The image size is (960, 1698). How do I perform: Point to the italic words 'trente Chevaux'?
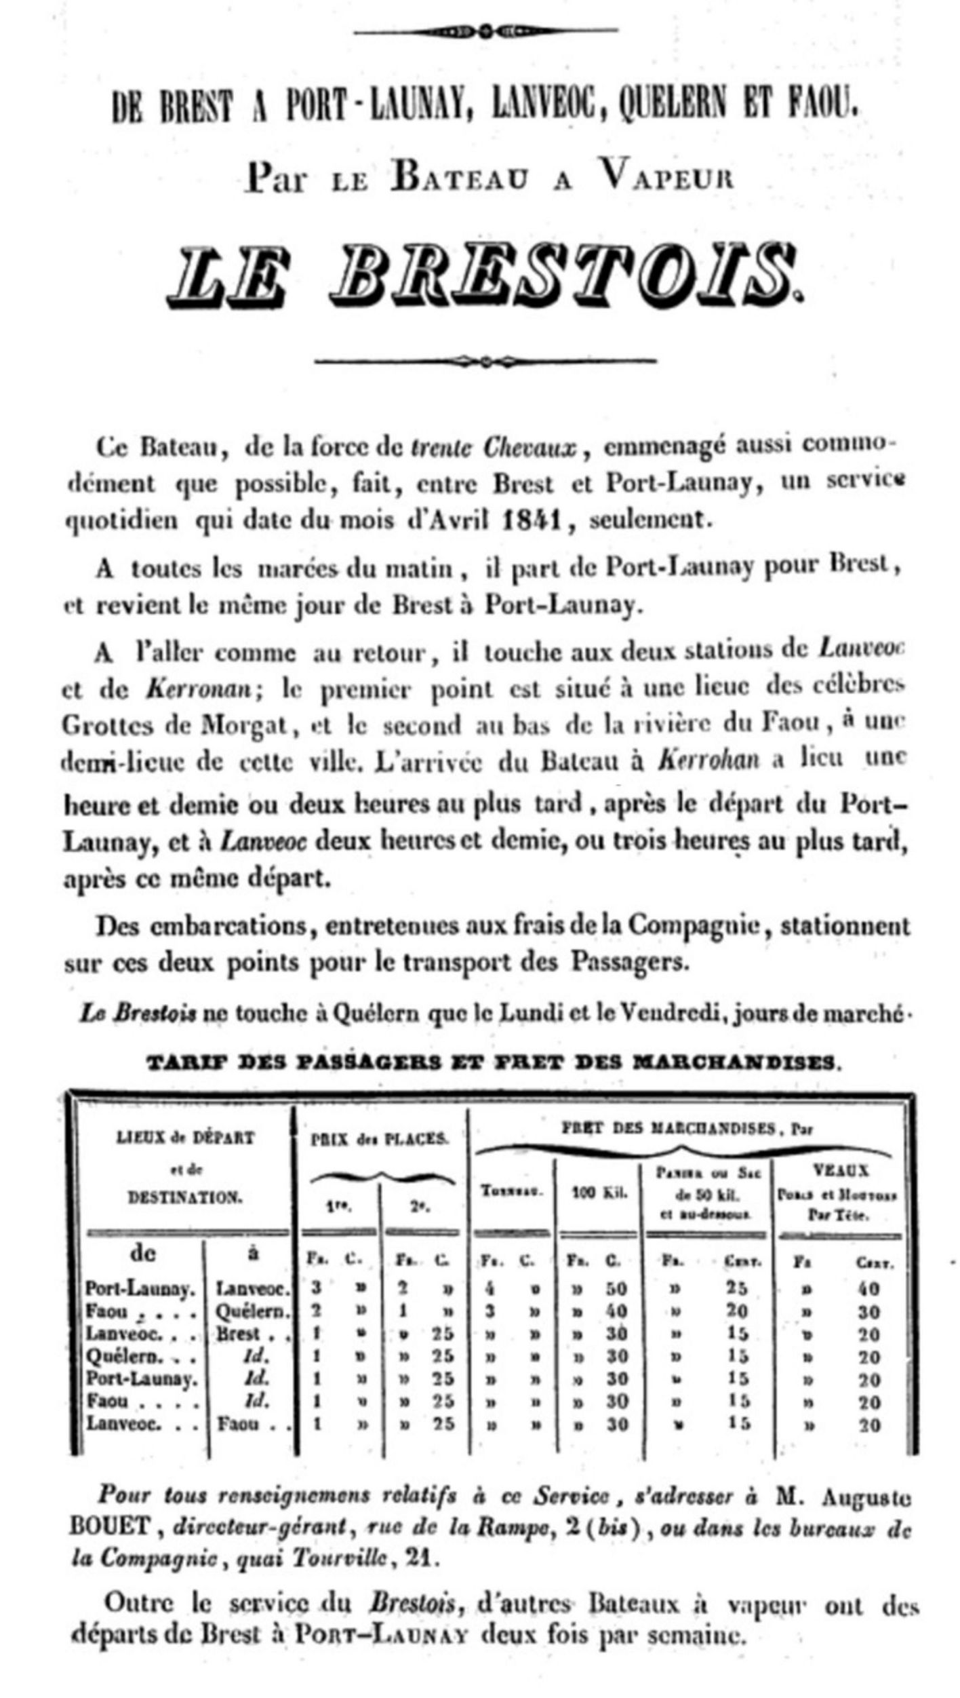point(494,448)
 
